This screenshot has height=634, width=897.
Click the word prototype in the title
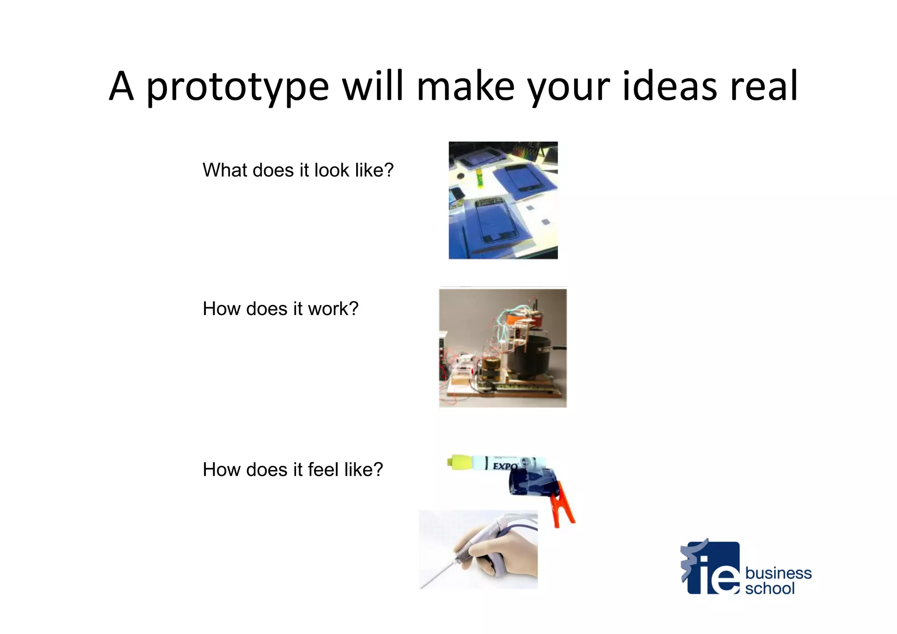(x=237, y=87)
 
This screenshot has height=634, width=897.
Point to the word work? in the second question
(x=333, y=308)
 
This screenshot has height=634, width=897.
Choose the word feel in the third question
(x=323, y=469)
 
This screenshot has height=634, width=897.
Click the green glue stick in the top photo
(x=480, y=178)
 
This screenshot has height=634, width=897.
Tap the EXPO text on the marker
(x=505, y=466)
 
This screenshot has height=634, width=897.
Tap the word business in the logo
(x=778, y=573)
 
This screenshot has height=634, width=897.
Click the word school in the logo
(x=770, y=588)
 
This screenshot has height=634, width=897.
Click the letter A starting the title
(x=121, y=86)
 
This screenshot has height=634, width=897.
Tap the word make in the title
(x=465, y=86)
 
